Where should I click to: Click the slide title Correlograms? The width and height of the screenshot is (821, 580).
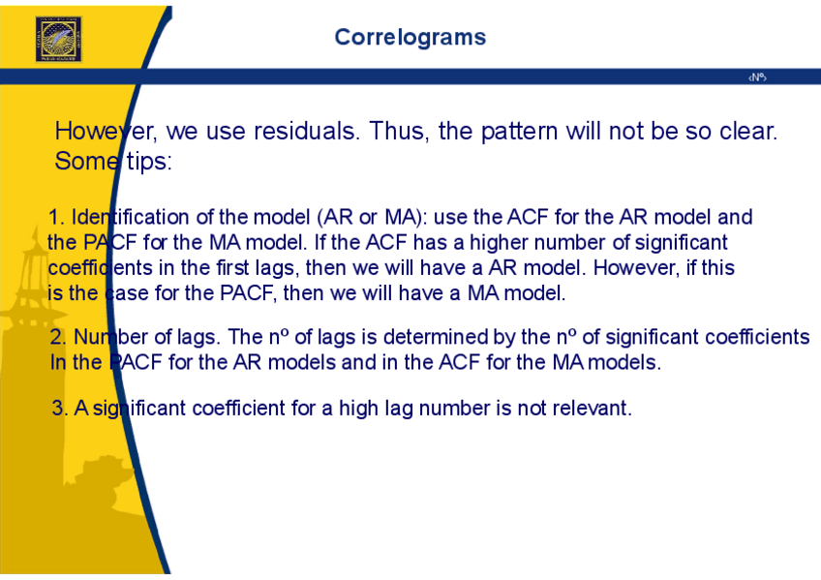(410, 38)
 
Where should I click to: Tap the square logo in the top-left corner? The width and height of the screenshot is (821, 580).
(59, 40)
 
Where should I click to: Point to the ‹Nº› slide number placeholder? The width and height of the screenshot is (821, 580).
(757, 77)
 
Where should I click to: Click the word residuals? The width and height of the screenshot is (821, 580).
(307, 131)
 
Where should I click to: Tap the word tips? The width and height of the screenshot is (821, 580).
(149, 162)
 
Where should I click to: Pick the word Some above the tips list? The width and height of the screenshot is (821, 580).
(86, 162)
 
